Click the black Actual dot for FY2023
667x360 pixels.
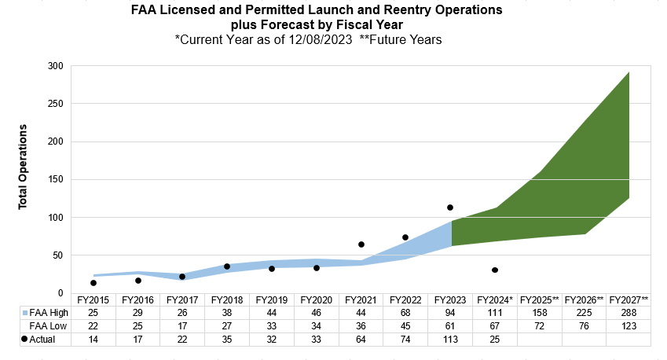(x=450, y=208)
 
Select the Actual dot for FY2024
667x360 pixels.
(x=495, y=270)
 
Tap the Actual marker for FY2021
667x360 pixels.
(x=361, y=244)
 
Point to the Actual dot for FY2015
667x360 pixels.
(x=93, y=283)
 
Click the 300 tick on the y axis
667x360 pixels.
(x=55, y=66)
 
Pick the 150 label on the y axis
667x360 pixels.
(x=55, y=179)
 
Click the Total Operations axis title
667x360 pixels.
(x=23, y=166)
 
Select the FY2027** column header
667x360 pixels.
(x=629, y=300)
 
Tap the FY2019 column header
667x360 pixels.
(x=271, y=300)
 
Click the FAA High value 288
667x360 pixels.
(x=629, y=313)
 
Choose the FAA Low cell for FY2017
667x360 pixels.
(x=182, y=325)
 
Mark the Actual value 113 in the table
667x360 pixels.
(x=450, y=338)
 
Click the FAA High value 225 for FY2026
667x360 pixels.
(x=584, y=313)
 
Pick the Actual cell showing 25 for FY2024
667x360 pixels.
(x=495, y=338)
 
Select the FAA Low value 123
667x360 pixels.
(x=629, y=325)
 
